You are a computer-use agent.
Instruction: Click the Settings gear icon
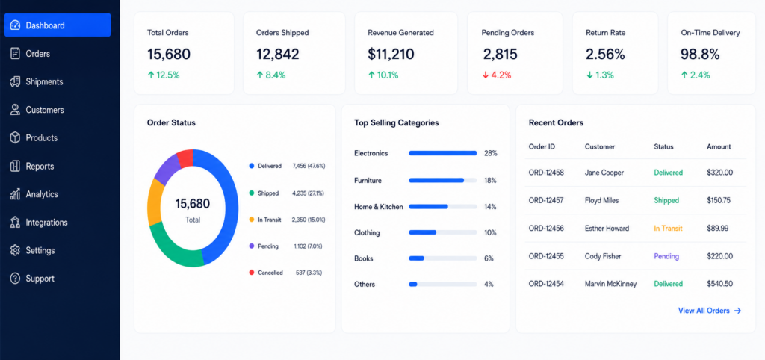tap(15, 250)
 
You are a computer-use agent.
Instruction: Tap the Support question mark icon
tap(15, 279)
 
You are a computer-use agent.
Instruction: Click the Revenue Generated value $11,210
tap(391, 54)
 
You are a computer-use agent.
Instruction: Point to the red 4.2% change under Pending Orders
tap(497, 75)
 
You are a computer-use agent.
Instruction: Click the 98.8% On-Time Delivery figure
tap(700, 54)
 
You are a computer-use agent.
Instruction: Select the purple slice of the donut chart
tap(167, 169)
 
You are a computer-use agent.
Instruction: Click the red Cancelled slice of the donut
tap(185, 158)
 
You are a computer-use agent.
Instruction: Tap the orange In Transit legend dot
tap(251, 220)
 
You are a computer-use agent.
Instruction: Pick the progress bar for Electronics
tap(442, 153)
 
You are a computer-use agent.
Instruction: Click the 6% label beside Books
tap(489, 258)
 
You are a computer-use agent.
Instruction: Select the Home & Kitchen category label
tap(379, 207)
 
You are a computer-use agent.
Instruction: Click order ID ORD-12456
tap(546, 229)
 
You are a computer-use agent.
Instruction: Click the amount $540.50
tap(719, 283)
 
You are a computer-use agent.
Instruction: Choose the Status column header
tap(663, 146)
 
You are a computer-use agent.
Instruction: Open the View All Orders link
tap(710, 311)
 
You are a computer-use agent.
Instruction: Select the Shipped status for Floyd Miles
tap(666, 200)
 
